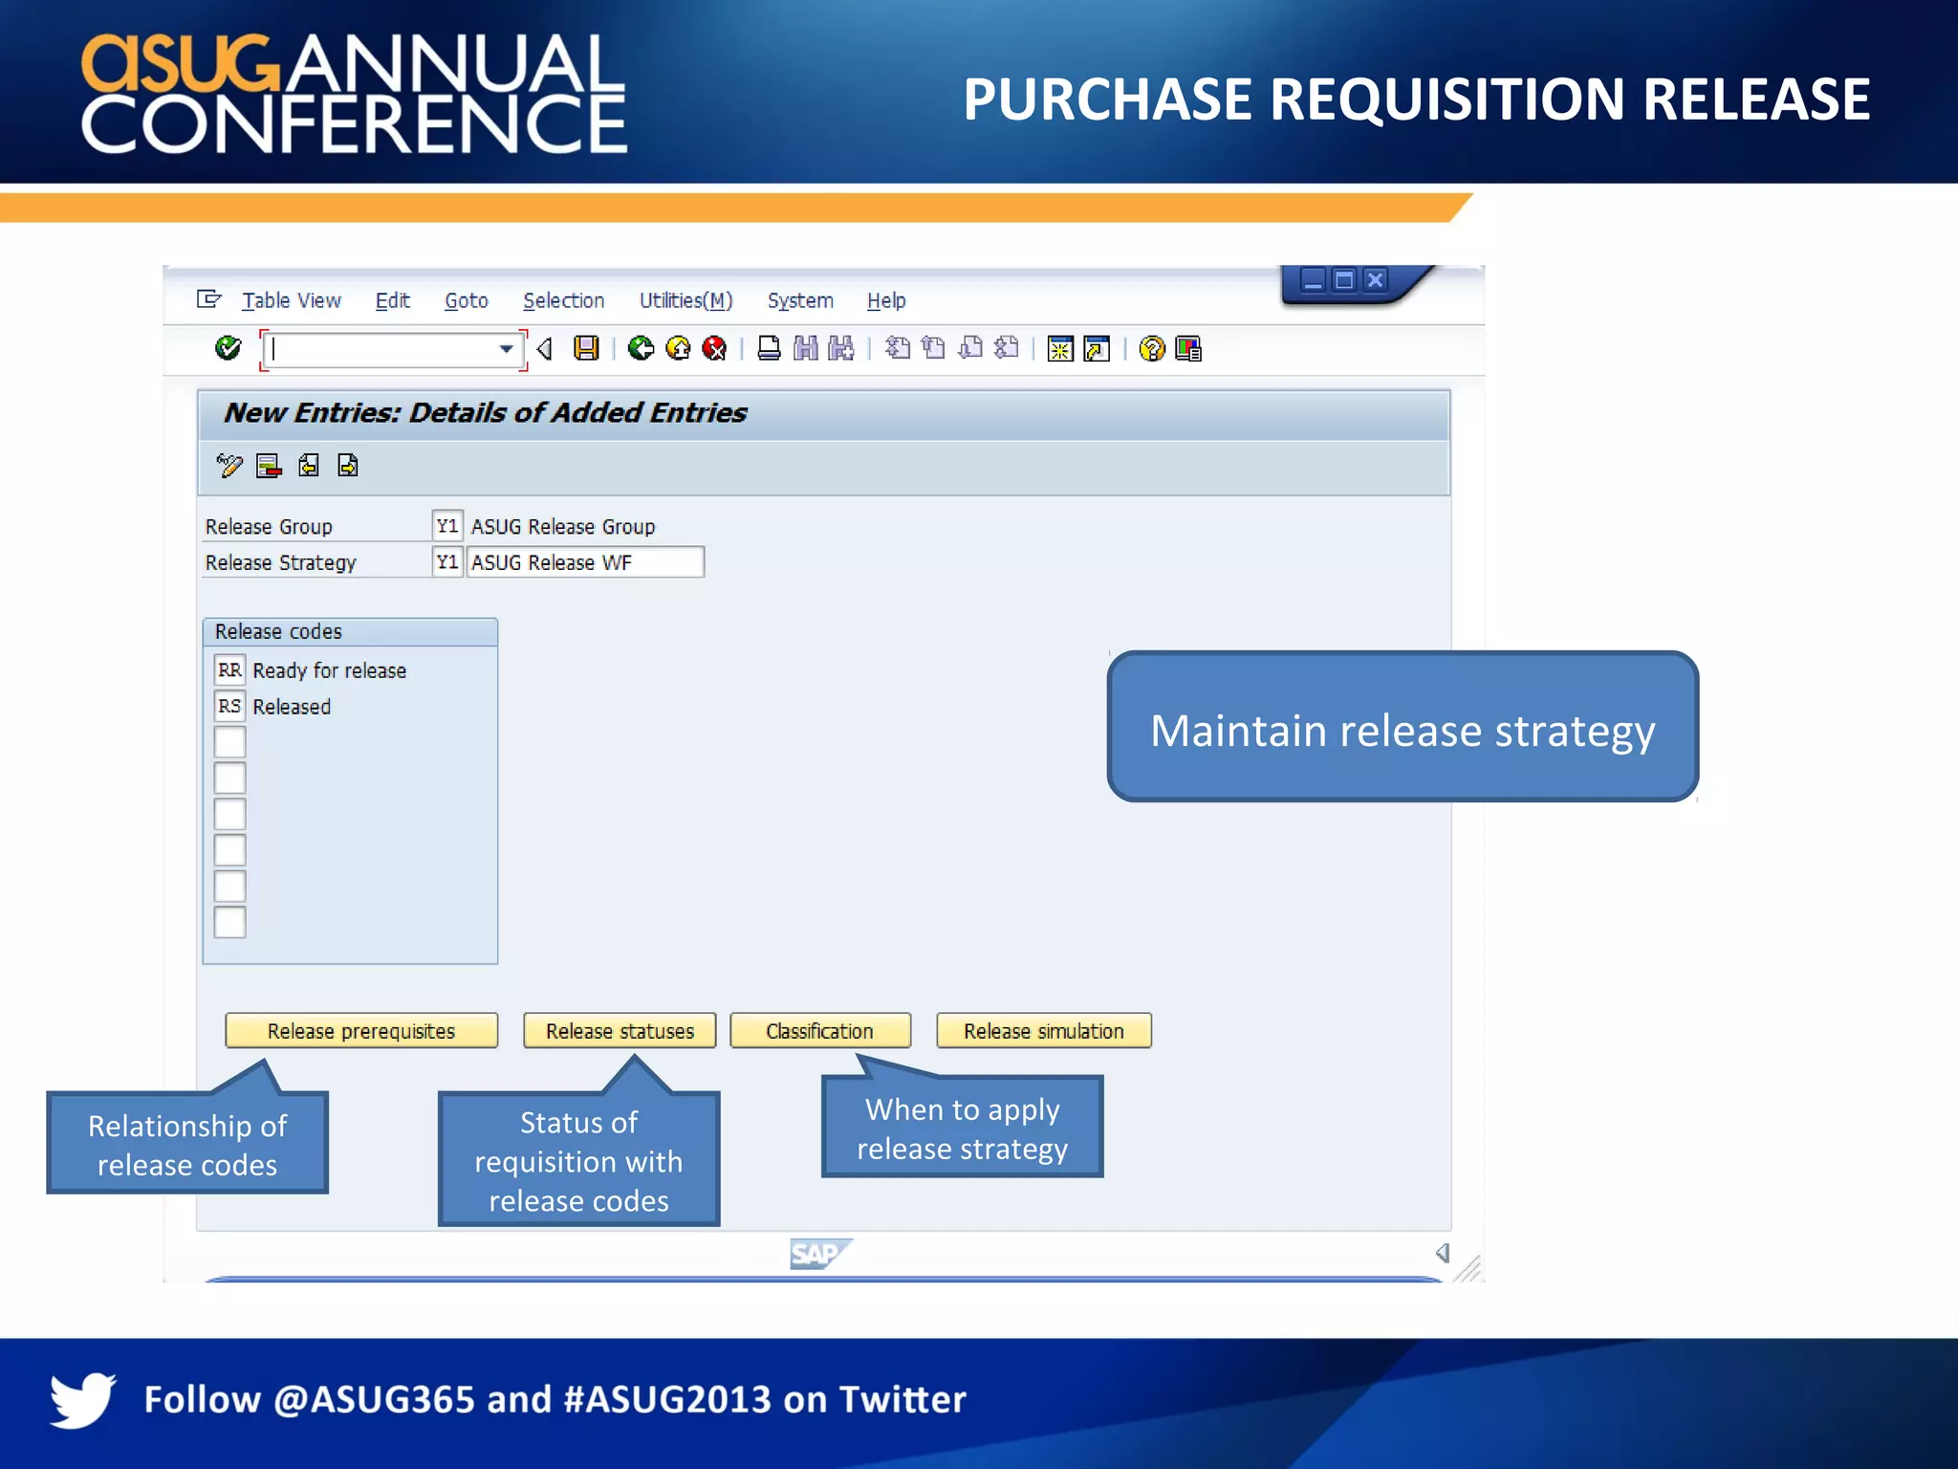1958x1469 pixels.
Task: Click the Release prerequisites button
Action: click(361, 1031)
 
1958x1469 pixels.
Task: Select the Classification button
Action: click(819, 1031)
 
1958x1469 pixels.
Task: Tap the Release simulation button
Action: click(1043, 1031)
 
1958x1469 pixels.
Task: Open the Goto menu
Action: click(466, 300)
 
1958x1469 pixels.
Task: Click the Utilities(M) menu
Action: click(685, 300)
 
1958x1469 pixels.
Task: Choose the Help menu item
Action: click(885, 300)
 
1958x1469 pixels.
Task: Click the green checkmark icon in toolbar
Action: click(228, 348)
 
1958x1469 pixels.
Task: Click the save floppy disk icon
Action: click(586, 348)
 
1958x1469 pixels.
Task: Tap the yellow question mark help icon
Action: click(1152, 349)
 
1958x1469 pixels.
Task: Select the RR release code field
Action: click(229, 670)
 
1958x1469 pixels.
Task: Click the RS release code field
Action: click(229, 707)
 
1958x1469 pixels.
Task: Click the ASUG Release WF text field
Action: click(585, 562)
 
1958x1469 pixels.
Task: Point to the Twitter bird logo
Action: click(82, 1399)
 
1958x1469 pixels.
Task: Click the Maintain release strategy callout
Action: click(1402, 727)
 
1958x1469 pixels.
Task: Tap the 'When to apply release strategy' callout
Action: click(962, 1129)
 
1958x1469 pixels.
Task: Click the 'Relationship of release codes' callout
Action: click(187, 1144)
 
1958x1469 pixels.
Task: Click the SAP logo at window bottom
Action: click(819, 1253)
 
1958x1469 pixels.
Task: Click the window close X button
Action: click(1375, 280)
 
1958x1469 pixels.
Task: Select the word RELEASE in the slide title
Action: click(1755, 99)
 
